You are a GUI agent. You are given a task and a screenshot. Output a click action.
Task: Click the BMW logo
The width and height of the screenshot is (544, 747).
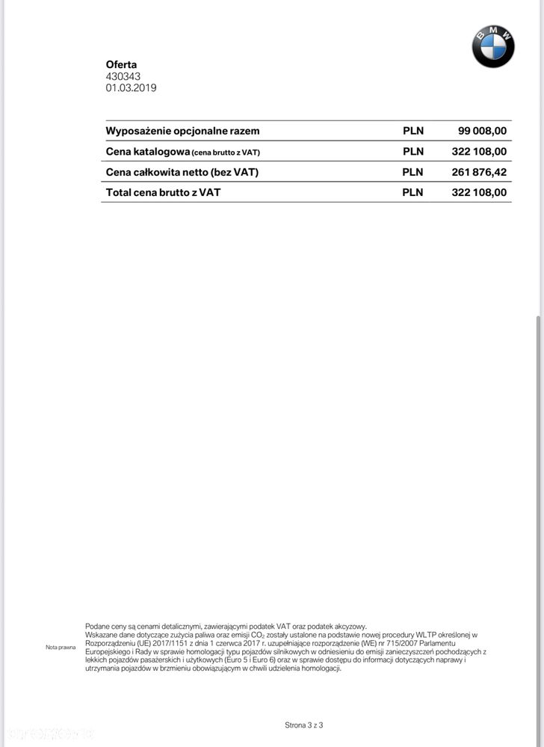coord(493,46)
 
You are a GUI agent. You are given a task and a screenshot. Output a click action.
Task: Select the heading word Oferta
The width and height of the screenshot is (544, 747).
coord(121,65)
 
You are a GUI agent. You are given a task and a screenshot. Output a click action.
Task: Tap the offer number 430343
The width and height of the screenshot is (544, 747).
coord(123,76)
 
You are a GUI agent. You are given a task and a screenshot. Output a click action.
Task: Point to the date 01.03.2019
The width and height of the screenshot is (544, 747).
coord(131,87)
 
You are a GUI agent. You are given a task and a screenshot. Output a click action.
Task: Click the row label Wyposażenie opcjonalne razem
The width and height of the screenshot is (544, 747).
coord(182,131)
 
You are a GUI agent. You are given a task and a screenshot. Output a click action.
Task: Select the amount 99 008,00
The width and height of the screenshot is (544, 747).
coord(482,131)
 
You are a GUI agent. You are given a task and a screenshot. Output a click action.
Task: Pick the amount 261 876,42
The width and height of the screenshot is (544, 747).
coord(479,172)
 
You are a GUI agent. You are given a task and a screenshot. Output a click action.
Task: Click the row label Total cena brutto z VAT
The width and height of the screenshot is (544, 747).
coord(163,192)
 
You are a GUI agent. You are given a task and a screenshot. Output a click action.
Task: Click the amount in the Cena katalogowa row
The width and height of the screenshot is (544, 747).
coord(479,151)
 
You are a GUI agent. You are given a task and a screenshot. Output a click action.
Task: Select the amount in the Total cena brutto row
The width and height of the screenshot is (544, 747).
coord(479,192)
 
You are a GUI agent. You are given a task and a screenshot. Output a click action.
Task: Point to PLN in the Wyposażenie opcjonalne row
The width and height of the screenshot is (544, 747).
coord(413,131)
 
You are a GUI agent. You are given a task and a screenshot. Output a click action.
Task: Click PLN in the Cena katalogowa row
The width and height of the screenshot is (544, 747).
coord(413,151)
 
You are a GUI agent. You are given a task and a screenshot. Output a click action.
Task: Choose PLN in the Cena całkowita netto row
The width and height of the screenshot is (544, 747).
coord(413,172)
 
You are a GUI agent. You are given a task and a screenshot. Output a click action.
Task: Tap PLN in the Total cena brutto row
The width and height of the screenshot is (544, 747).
coord(413,192)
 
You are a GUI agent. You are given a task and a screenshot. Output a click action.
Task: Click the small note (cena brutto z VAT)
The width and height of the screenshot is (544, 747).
coord(226,153)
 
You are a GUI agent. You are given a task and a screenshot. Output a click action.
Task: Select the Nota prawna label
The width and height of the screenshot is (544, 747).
coord(61,647)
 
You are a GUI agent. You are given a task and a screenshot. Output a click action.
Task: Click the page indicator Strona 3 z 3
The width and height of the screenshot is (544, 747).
coord(303,725)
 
